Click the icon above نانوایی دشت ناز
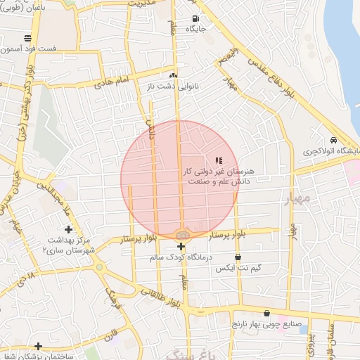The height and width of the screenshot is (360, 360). pos(174,75)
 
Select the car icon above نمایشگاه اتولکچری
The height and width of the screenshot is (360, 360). pos(333,139)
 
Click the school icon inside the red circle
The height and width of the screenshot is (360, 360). pos(218,161)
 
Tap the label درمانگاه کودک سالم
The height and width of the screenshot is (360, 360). pos(181,258)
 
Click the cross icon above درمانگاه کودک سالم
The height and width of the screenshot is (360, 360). pos(181,246)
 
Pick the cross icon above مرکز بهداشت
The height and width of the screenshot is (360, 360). pos(68,229)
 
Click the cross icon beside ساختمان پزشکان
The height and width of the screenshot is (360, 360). pos(38,346)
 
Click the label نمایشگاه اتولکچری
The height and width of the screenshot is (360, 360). pos(330,151)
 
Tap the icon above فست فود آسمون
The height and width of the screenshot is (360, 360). pos(27,38)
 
